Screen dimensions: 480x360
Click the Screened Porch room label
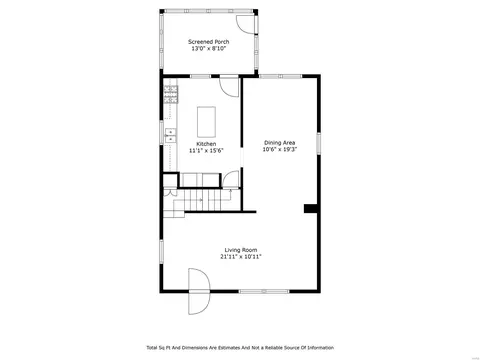(x=209, y=42)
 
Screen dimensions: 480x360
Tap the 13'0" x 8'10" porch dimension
(x=209, y=49)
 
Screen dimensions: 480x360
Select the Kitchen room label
(x=206, y=144)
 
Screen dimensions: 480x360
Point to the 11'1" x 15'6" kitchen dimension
(x=206, y=151)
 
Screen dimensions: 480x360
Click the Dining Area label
(x=280, y=143)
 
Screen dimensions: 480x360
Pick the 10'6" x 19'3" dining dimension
(x=280, y=150)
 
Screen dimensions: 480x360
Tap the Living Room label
(x=241, y=250)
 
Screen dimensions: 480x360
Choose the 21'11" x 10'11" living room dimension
(x=241, y=257)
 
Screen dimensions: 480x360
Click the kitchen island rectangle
(x=206, y=122)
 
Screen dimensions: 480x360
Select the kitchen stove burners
(x=171, y=94)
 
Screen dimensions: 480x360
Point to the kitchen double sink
(x=170, y=135)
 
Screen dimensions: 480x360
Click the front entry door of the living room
(x=199, y=291)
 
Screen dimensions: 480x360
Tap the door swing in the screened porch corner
(x=247, y=24)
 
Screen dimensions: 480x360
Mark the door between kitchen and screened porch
(x=229, y=87)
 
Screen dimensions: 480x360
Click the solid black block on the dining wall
(x=311, y=209)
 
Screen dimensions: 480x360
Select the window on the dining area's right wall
(x=319, y=143)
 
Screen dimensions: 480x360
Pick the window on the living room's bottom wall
(x=264, y=291)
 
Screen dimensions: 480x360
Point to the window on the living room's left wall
(x=162, y=252)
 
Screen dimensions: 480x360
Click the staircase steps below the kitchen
(x=202, y=200)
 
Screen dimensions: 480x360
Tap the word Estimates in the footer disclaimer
(x=229, y=348)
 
